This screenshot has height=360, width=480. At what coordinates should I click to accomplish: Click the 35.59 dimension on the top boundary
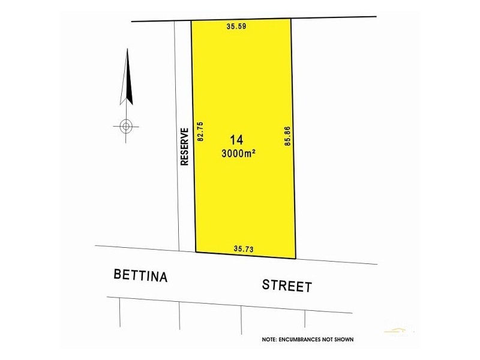(x=237, y=26)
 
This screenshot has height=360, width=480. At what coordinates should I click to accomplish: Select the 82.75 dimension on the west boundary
(x=201, y=131)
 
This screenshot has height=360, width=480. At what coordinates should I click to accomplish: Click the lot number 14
(x=236, y=140)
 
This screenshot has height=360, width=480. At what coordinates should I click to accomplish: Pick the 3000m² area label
(x=239, y=153)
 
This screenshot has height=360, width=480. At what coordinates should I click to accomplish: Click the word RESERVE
(x=185, y=146)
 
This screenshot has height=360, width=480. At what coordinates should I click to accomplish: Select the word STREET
(x=287, y=285)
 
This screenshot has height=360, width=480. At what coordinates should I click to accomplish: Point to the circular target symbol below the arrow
(x=126, y=126)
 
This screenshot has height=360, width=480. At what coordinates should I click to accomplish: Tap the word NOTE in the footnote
(x=269, y=340)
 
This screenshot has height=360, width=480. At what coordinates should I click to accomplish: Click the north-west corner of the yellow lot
(x=191, y=21)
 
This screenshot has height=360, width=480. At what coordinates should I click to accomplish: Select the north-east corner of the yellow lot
(x=291, y=19)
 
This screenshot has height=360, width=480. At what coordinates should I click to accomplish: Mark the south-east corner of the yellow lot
(x=296, y=259)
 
